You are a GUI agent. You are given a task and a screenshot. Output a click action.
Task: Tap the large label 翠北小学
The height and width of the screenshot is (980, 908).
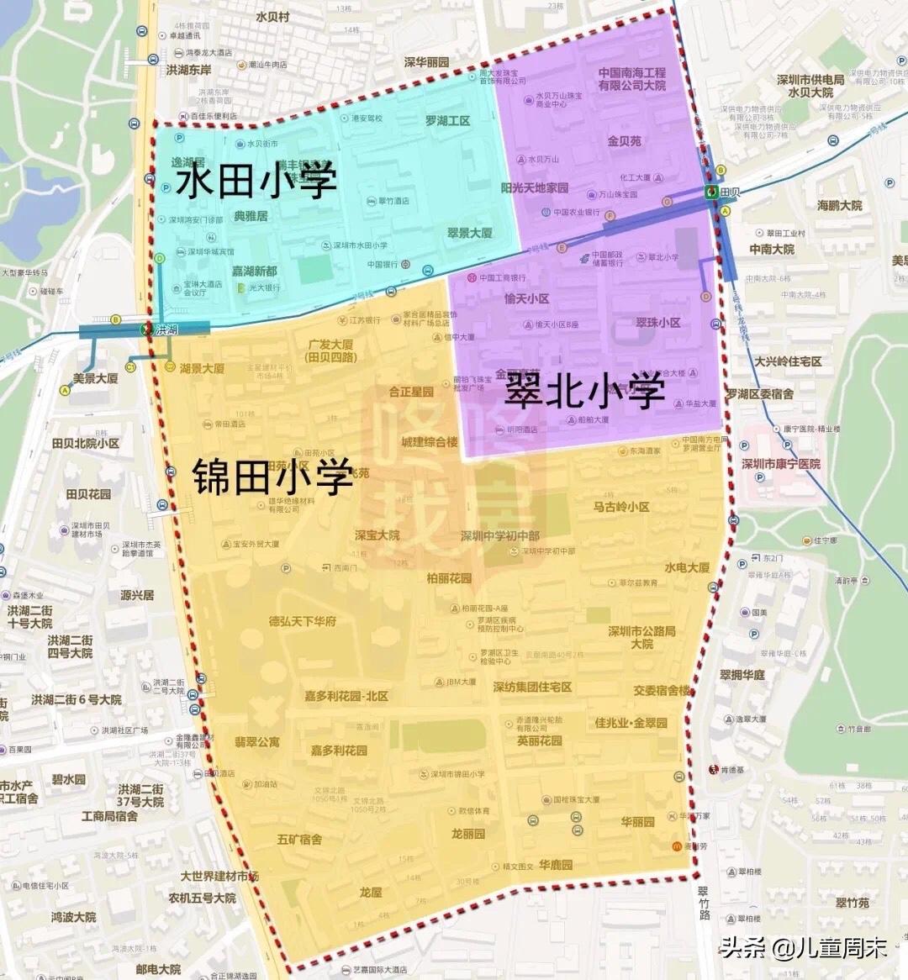click(584, 390)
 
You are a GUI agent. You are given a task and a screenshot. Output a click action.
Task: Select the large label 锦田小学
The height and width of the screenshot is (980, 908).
click(272, 477)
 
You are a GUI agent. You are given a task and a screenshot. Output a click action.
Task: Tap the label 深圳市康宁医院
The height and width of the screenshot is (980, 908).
click(781, 464)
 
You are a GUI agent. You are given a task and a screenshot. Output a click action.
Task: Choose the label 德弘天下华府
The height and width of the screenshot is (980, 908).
click(303, 621)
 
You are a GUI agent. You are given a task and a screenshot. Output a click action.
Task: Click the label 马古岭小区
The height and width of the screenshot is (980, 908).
click(621, 507)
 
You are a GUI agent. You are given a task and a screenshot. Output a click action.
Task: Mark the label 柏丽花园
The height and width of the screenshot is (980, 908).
click(449, 578)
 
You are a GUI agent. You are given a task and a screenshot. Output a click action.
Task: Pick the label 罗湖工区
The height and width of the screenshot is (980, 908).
click(447, 121)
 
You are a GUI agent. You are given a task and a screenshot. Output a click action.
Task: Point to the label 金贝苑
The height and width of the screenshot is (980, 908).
click(624, 141)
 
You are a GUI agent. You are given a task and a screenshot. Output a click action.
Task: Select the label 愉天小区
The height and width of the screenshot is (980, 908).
click(526, 298)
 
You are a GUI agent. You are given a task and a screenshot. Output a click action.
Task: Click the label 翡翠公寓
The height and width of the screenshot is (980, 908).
click(256, 742)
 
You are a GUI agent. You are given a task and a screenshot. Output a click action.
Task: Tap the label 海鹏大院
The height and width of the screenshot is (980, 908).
click(839, 205)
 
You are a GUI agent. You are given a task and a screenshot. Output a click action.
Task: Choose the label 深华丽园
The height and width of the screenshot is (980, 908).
click(426, 62)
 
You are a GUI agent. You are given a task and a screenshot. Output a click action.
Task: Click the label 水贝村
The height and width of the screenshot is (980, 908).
click(272, 17)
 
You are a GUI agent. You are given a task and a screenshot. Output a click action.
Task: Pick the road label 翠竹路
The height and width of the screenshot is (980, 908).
click(704, 903)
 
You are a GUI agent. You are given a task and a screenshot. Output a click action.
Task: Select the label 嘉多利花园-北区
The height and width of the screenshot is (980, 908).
click(346, 697)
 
